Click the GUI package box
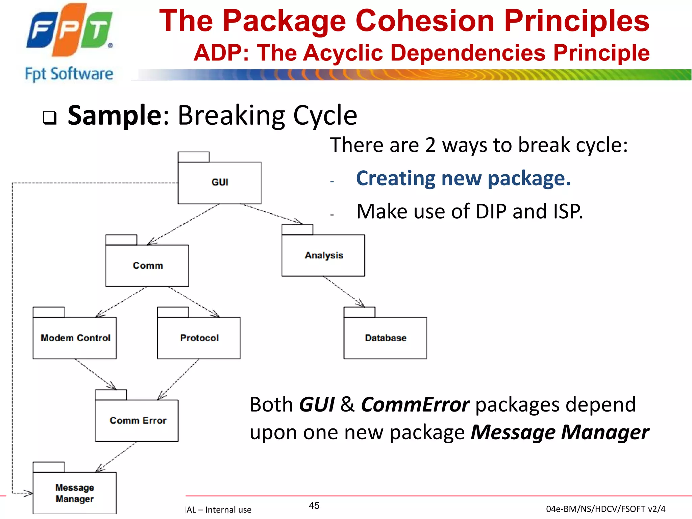[220, 182]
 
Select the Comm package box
[147, 265]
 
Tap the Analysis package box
[323, 255]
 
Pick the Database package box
[385, 338]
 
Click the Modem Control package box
[75, 338]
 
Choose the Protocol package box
[199, 338]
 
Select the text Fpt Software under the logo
[69, 74]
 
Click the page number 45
[314, 505]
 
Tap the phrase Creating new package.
[463, 178]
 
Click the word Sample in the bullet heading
[115, 115]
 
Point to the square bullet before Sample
[50, 118]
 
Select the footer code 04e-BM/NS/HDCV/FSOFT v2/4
[605, 509]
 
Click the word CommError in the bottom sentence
[415, 404]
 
